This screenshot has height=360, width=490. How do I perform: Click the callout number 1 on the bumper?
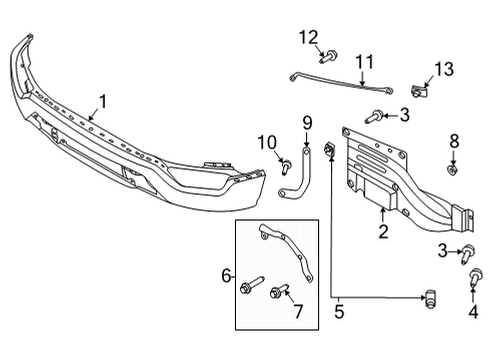pos(101,101)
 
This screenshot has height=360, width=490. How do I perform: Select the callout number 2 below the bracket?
pos(382,232)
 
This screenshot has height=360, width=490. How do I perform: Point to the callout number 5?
pos(339,310)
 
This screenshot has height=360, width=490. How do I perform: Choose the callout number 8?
pos(453,140)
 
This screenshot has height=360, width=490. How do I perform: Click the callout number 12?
pos(306,37)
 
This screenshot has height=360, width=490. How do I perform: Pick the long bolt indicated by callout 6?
pos(244,289)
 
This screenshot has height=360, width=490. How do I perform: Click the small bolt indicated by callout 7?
pos(279,292)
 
